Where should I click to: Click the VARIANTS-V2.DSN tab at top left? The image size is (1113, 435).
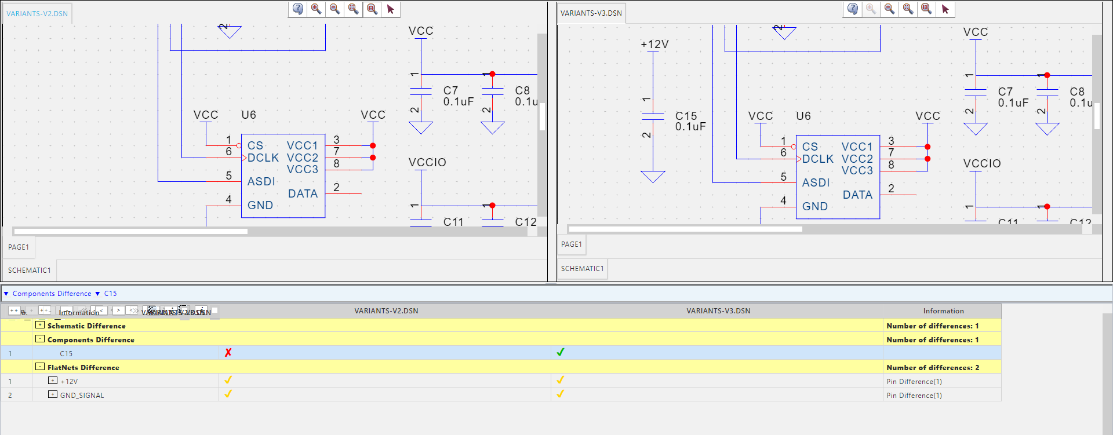tap(37, 13)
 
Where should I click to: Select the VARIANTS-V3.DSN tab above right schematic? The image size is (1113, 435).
tap(591, 13)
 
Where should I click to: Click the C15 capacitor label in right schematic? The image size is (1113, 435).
tap(686, 116)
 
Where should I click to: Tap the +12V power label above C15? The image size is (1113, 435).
tap(654, 45)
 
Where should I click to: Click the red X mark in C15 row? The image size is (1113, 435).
tap(228, 353)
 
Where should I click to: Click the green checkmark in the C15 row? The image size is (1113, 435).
tap(560, 352)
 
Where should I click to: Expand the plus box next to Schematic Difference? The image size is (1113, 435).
tap(40, 325)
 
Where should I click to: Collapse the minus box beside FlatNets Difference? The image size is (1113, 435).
tap(40, 367)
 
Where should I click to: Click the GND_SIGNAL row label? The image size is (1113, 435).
tap(82, 396)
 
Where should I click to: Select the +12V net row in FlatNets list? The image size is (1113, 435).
tap(69, 382)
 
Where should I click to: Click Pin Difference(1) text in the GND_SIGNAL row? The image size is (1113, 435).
tap(914, 396)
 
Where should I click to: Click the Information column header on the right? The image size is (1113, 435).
tap(943, 311)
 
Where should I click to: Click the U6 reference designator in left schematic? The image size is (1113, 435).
tap(249, 115)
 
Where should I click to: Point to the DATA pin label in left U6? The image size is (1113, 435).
tap(303, 194)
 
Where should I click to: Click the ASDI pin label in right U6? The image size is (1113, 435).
tap(816, 183)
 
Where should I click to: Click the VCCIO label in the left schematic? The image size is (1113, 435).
tap(427, 163)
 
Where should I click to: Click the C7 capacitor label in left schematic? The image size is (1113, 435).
tap(450, 90)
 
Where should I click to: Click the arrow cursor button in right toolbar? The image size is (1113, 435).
tap(945, 9)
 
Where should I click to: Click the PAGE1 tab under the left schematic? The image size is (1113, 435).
tap(19, 247)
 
